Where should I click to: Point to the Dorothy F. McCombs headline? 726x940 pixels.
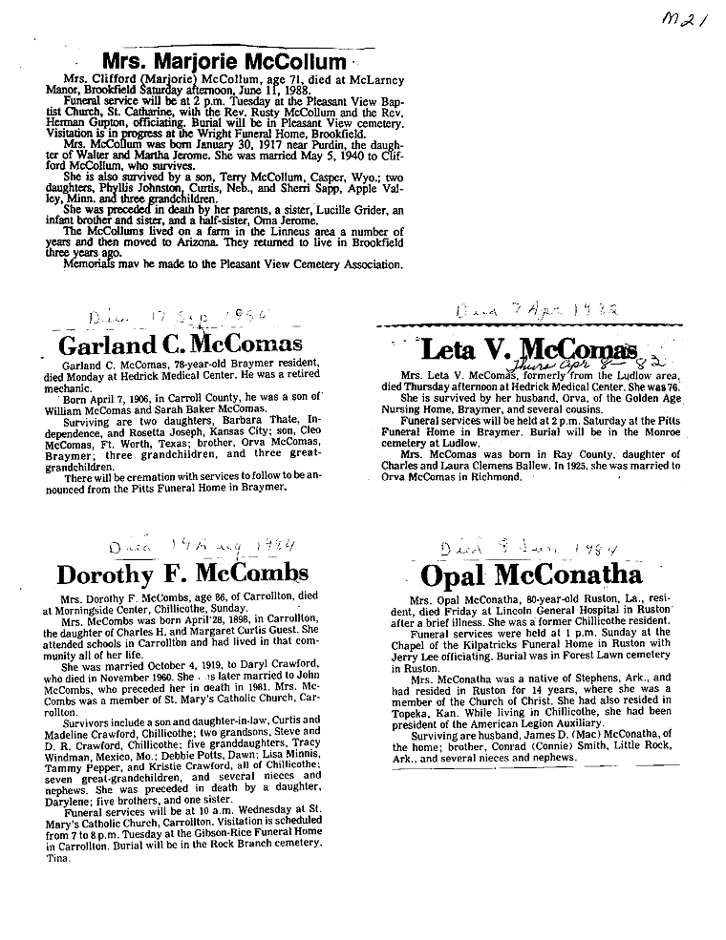coord(182,574)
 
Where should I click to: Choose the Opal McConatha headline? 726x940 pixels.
coord(531,575)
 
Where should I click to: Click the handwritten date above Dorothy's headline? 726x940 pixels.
coord(188,545)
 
